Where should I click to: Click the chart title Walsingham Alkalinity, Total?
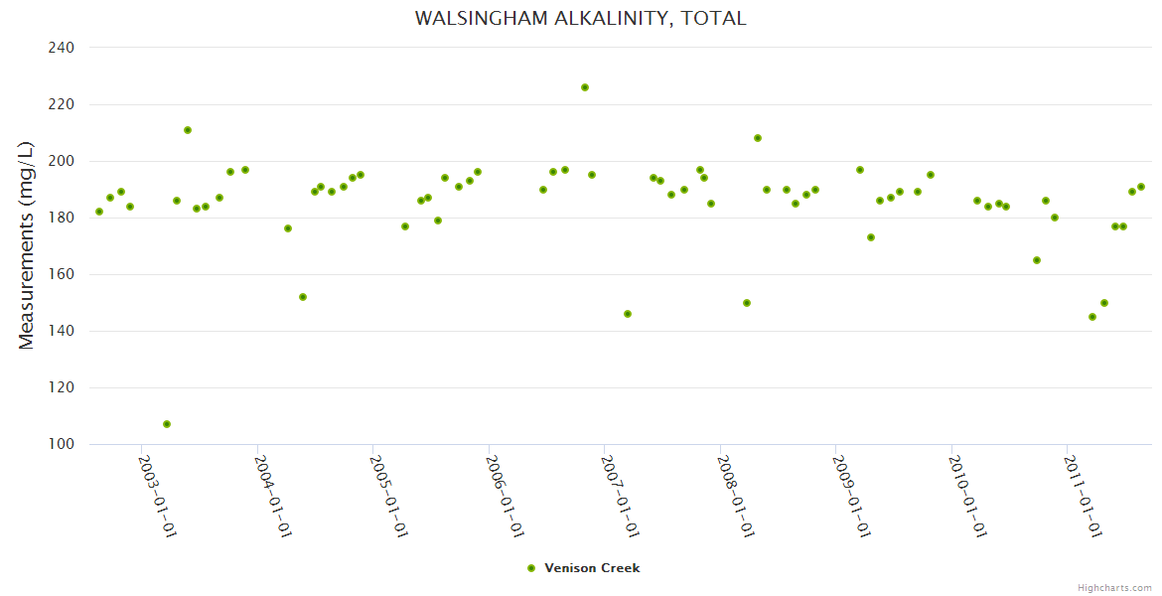pos(580,18)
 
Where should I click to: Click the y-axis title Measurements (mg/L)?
pos(27,244)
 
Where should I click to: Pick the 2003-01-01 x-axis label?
pos(157,497)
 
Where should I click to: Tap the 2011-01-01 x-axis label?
pos(1082,497)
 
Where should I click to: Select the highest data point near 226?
pos(585,87)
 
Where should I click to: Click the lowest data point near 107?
pos(167,424)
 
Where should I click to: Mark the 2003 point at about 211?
pos(188,130)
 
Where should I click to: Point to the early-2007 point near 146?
pos(628,314)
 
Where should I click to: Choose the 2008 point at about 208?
pos(758,138)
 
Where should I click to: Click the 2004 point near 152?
pos(303,297)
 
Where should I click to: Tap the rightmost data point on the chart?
pos(1141,187)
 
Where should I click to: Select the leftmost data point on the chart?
pos(99,212)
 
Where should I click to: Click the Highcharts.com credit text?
pos(1114,587)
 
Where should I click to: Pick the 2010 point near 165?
pos(1037,260)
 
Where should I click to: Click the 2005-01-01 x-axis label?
pos(388,497)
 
